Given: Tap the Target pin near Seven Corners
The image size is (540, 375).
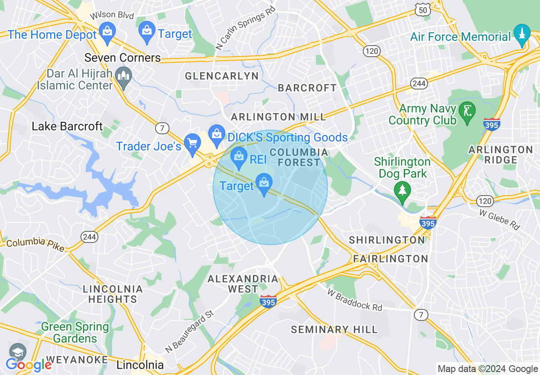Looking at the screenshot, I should [147, 31].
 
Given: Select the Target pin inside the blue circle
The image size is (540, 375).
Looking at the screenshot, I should [264, 183].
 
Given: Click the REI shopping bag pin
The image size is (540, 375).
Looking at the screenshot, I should [239, 157].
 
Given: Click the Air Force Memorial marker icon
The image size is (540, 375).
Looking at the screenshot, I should [522, 34].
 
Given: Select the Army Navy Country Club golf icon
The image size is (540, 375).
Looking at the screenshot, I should [467, 112].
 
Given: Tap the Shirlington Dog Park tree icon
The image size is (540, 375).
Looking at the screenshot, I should [402, 190].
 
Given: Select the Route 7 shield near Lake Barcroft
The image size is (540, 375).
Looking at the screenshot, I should [162, 128].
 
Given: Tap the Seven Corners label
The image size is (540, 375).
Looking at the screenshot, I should [123, 58].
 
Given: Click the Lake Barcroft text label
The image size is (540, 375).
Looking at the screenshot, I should [67, 126].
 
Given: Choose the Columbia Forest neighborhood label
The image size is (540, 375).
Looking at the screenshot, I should [299, 157].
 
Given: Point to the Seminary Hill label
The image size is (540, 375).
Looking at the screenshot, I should [334, 329].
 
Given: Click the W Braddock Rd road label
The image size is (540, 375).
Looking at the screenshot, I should [355, 300].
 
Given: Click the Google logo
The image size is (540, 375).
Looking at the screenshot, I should [29, 365].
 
